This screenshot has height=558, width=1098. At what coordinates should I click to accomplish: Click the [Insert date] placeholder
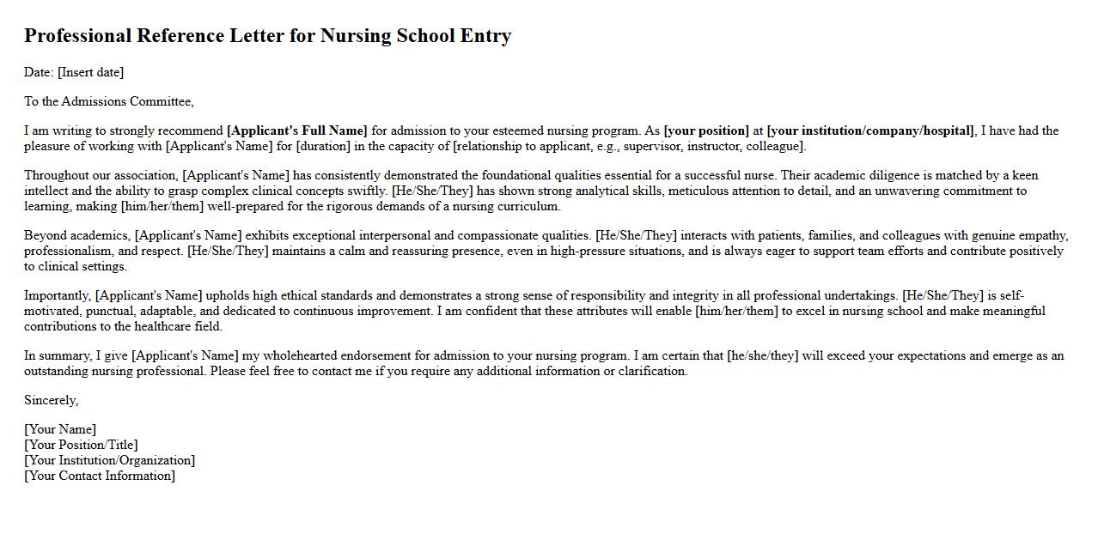pyautogui.click(x=90, y=72)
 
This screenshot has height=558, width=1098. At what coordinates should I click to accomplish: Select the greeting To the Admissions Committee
pyautogui.click(x=109, y=101)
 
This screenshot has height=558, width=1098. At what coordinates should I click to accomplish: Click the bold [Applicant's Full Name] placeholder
pyautogui.click(x=296, y=130)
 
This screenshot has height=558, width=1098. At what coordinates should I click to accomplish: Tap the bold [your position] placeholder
pyautogui.click(x=706, y=130)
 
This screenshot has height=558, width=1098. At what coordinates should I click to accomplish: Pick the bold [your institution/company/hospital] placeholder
pyautogui.click(x=870, y=130)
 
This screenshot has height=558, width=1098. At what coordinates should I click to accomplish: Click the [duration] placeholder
pyautogui.click(x=324, y=146)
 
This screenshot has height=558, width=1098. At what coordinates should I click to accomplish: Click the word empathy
pyautogui.click(x=1041, y=235)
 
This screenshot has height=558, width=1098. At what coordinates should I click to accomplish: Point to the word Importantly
pyautogui.click(x=58, y=295)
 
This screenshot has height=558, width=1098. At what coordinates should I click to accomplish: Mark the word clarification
pyautogui.click(x=652, y=371)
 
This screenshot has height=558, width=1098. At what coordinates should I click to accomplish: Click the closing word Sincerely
pyautogui.click(x=51, y=400)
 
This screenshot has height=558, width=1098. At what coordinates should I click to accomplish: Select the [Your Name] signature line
pyautogui.click(x=60, y=429)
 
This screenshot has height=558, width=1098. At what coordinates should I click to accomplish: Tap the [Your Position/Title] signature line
pyautogui.click(x=81, y=445)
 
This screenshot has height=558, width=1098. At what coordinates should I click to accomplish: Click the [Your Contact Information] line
pyautogui.click(x=100, y=476)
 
